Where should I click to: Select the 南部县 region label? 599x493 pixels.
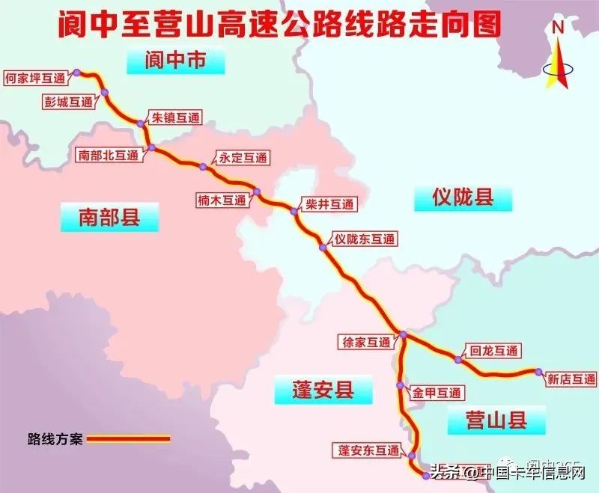pyautogui.click(x=109, y=218)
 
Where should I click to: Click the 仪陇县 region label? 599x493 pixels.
pyautogui.click(x=463, y=197)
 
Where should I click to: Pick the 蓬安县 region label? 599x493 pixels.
pyautogui.click(x=323, y=390)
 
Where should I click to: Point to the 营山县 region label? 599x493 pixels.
pyautogui.click(x=496, y=420)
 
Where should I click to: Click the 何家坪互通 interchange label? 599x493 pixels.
pyautogui.click(x=34, y=76)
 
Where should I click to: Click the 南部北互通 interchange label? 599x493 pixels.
pyautogui.click(x=109, y=156)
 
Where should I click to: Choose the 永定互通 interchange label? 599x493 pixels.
pyautogui.click(x=242, y=158)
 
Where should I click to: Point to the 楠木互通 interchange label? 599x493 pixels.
pyautogui.click(x=222, y=200)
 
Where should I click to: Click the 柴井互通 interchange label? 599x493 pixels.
pyautogui.click(x=326, y=203)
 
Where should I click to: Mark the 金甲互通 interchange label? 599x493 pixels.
pyautogui.click(x=437, y=392)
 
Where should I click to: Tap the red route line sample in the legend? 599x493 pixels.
pyautogui.click(x=129, y=439)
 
